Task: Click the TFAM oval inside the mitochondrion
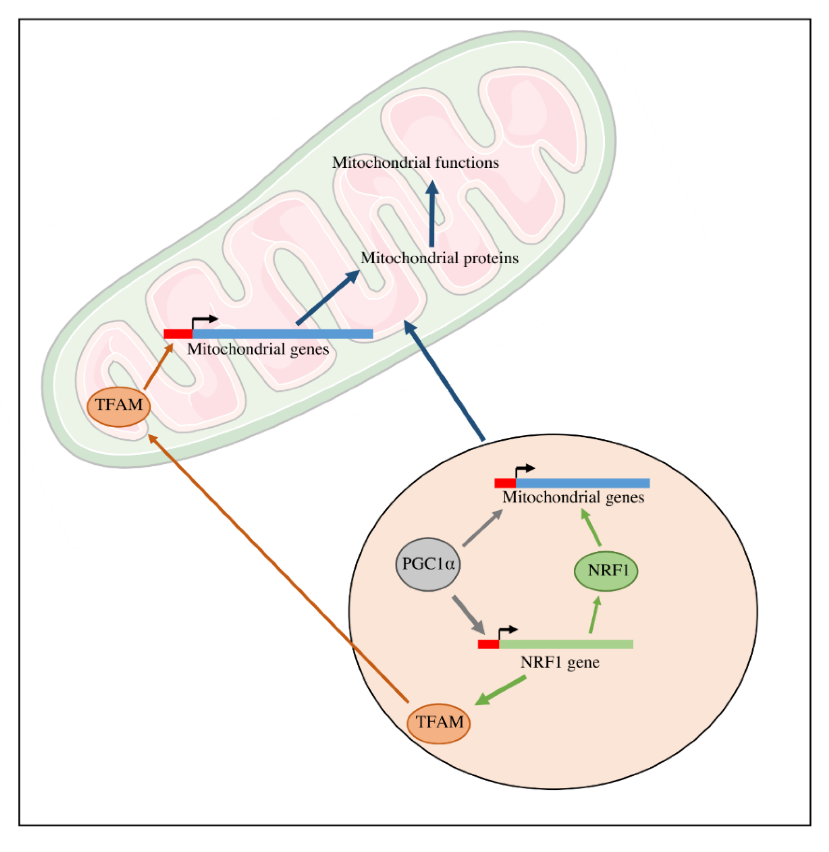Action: [118, 406]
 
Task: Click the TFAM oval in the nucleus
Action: [438, 723]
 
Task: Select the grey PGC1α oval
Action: [428, 565]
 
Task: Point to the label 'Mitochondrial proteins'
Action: [439, 258]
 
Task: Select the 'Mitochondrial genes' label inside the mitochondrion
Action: [258, 349]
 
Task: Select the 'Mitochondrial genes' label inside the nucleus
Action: [573, 497]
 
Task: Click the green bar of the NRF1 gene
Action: [566, 644]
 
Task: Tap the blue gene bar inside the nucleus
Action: [582, 483]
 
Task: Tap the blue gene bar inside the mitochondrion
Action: [283, 334]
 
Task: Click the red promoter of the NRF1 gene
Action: [488, 644]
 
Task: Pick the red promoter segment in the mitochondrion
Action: [178, 334]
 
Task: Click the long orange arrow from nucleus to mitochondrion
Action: [279, 570]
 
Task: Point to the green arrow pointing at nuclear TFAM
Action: [501, 691]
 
